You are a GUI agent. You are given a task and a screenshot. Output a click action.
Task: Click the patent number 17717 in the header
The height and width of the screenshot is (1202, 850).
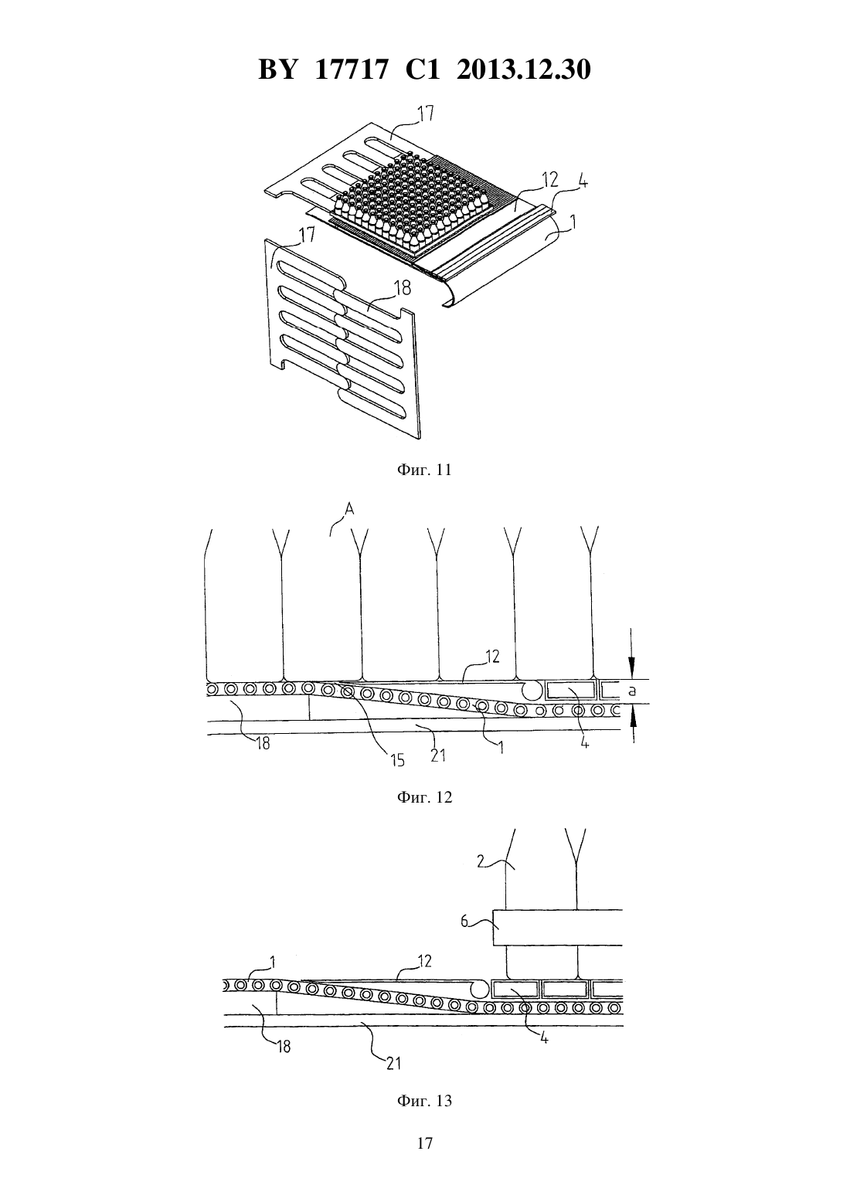click(x=350, y=70)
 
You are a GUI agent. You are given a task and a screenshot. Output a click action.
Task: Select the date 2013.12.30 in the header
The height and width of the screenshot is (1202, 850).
click(x=524, y=70)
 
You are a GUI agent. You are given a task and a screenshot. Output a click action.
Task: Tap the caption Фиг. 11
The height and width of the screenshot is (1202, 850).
click(x=424, y=470)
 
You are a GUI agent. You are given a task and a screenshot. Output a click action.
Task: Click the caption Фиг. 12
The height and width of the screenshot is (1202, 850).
click(x=424, y=797)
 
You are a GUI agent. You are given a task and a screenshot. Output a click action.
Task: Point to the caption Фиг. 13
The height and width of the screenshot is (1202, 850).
click(x=424, y=1101)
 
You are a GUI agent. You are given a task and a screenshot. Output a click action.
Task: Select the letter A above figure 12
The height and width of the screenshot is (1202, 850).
click(x=348, y=509)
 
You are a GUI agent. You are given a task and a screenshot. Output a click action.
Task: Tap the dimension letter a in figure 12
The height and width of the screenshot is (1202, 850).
click(x=632, y=691)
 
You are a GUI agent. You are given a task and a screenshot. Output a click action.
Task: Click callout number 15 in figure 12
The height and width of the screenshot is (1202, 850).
click(x=397, y=760)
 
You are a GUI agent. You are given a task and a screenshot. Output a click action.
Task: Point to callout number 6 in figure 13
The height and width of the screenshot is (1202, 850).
click(x=464, y=922)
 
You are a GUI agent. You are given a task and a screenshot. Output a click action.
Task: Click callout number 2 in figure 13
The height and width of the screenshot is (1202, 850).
click(x=481, y=862)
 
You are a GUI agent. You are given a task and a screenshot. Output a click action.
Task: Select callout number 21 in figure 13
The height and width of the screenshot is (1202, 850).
click(x=393, y=1063)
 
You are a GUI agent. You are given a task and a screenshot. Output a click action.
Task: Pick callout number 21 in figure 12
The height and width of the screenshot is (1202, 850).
click(x=438, y=755)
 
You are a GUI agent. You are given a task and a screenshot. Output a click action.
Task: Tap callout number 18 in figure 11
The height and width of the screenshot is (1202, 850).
click(x=403, y=288)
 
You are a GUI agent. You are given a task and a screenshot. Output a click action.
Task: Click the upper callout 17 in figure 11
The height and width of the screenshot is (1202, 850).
click(x=424, y=114)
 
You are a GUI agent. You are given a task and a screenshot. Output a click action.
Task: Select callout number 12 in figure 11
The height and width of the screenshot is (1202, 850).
click(x=550, y=179)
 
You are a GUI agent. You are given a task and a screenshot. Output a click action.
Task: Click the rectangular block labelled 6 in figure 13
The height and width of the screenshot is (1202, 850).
click(x=558, y=927)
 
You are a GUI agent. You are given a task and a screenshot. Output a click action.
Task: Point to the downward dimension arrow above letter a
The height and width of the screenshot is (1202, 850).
click(x=633, y=653)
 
